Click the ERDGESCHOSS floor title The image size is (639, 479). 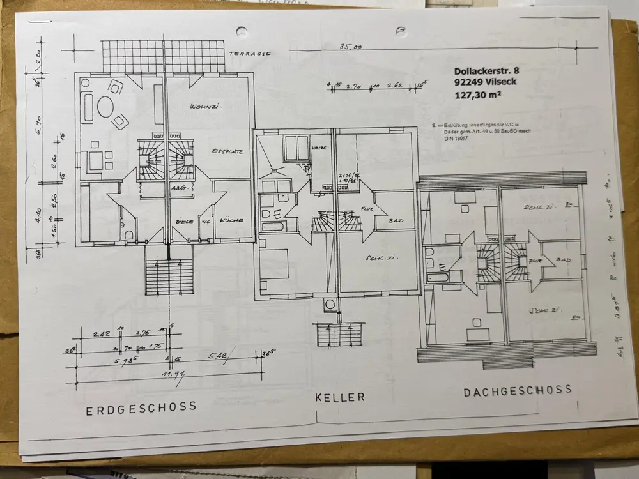point(141,409)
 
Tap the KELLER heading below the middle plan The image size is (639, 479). point(339,397)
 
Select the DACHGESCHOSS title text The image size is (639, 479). point(518,392)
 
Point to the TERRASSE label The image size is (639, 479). point(250,54)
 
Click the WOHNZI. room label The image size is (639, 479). point(205,107)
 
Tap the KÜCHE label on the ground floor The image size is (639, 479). point(231,220)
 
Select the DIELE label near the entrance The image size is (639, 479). point(185,221)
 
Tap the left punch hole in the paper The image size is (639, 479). point(242,31)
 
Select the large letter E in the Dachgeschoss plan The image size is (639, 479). point(440,267)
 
